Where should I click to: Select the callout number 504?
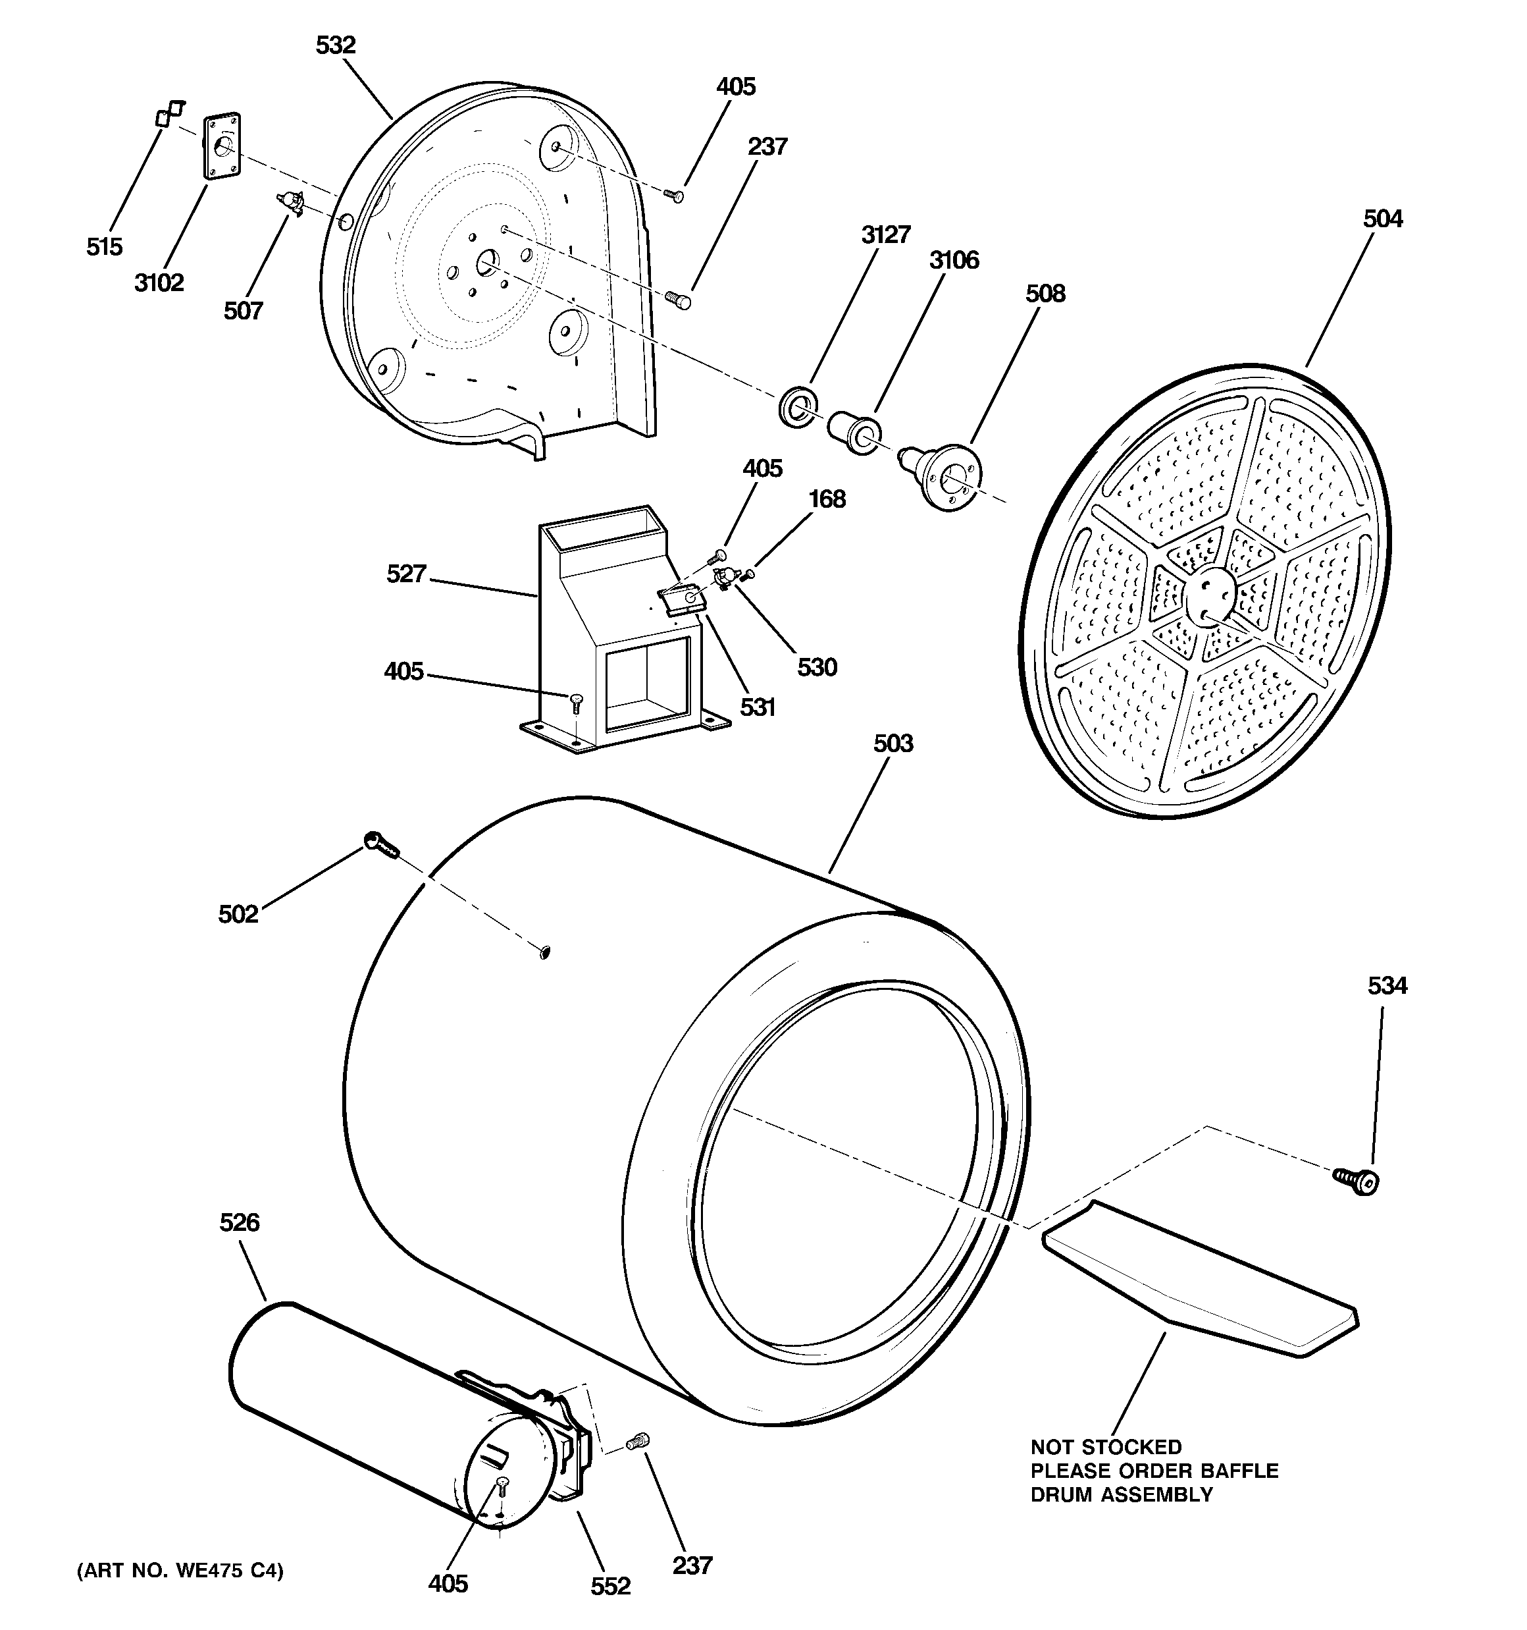coord(1383,219)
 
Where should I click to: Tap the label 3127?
coord(885,234)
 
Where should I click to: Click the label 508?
coord(1045,294)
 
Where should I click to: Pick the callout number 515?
coord(104,246)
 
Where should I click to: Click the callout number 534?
coord(1387,985)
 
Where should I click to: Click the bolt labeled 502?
coord(380,844)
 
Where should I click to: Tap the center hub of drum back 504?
coord(1210,599)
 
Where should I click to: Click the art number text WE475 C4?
coord(180,1571)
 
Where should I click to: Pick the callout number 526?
coord(240,1222)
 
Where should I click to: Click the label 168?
coord(826,499)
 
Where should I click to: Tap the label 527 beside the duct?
coord(407,574)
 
